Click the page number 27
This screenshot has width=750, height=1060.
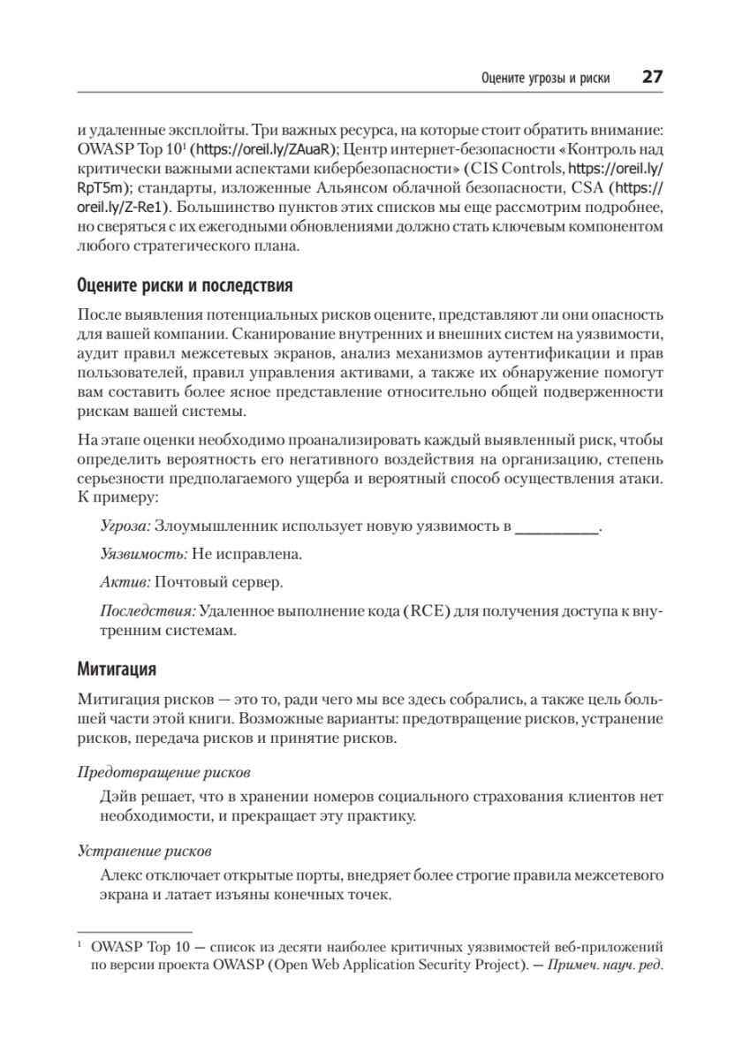652,77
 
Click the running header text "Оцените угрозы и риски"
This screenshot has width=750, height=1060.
545,78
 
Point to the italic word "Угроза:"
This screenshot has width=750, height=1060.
126,527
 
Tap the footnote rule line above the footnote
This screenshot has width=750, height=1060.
135,932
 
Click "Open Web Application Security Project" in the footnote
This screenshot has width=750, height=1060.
408,964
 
